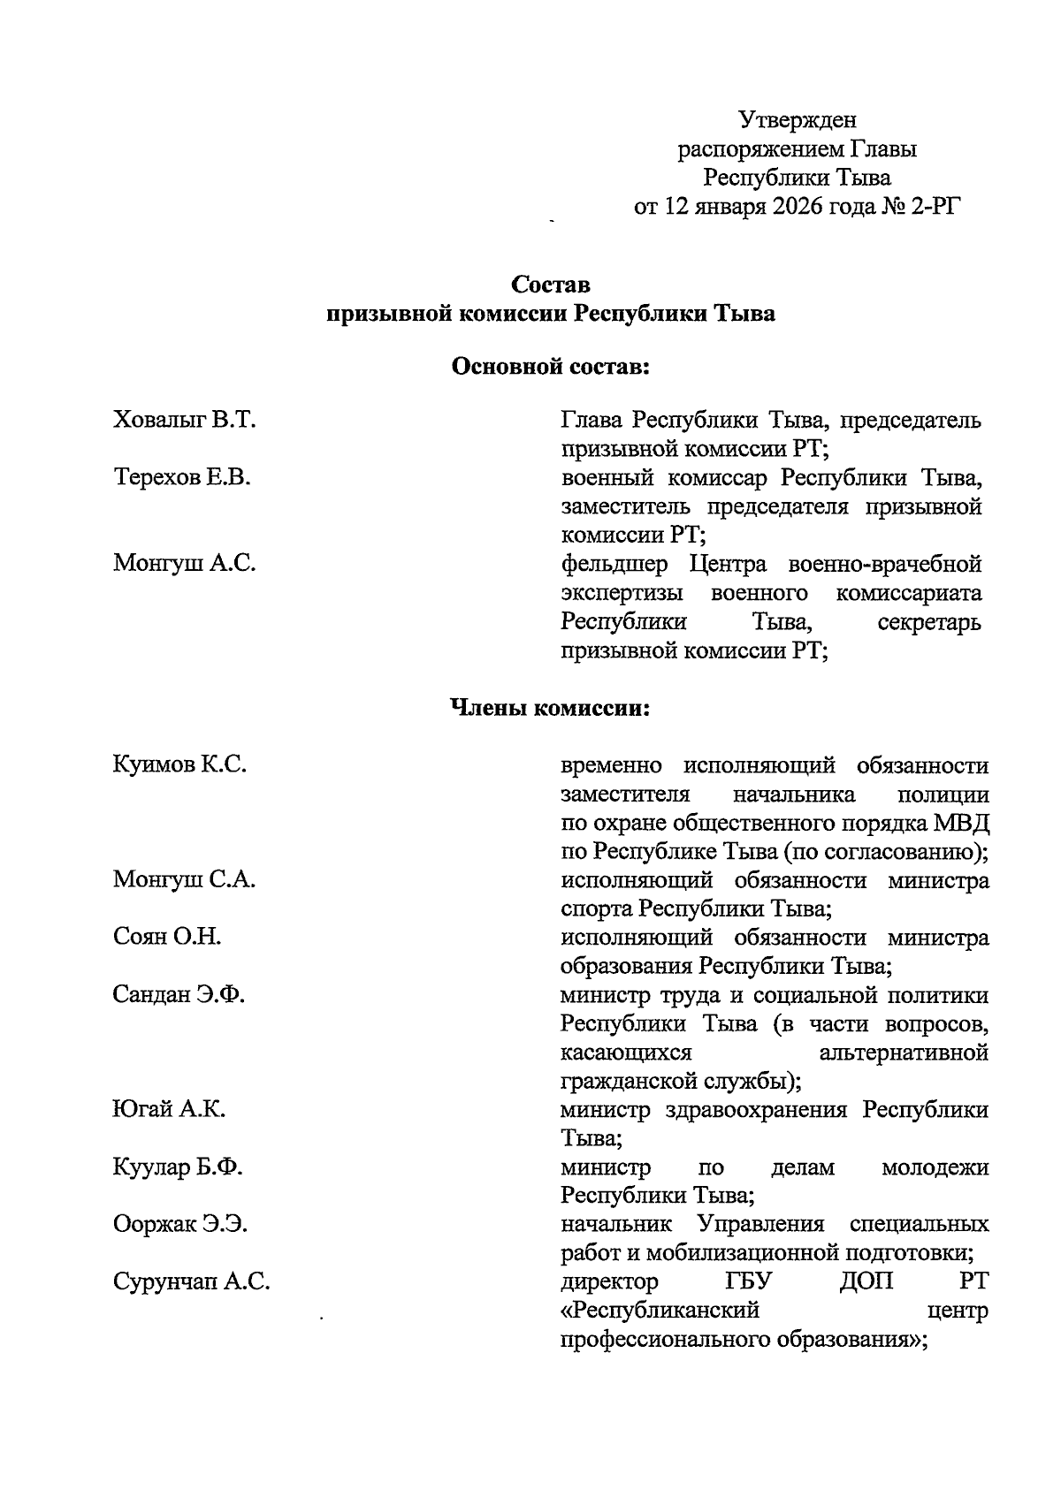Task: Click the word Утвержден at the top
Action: point(798,119)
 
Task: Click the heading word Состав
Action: point(551,285)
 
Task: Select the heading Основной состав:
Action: point(551,366)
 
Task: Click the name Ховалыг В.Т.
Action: point(185,420)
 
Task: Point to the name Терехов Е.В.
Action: point(182,478)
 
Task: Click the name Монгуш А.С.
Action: point(185,563)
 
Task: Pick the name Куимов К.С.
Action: point(179,764)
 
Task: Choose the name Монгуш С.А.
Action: point(185,879)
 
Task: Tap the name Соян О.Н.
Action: point(167,937)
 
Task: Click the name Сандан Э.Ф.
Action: point(179,995)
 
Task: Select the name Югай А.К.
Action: point(169,1110)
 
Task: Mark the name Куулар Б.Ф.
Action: point(178,1167)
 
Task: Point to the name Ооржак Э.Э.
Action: point(180,1225)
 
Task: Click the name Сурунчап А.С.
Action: point(191,1282)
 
